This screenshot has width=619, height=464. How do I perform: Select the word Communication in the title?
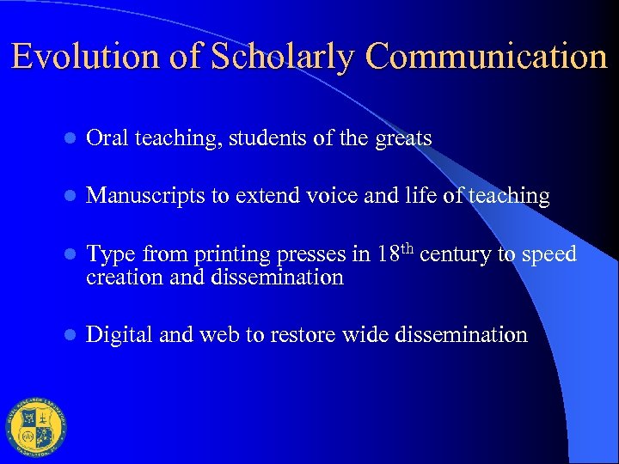tap(487, 57)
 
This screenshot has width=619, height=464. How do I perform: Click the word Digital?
tap(120, 334)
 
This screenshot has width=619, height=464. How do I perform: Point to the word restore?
tap(301, 334)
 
